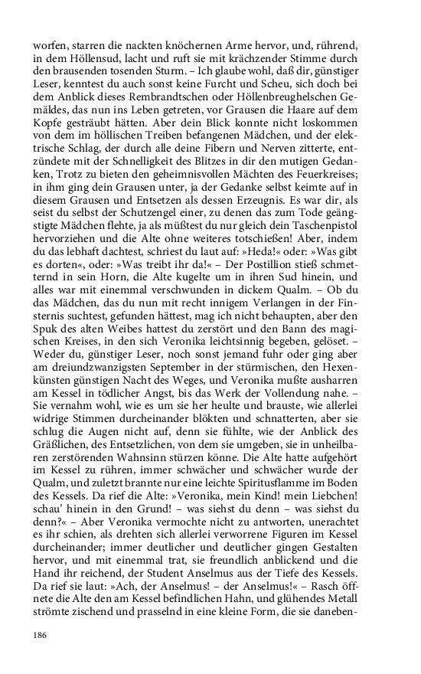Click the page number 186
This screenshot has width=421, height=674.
[40, 635]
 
